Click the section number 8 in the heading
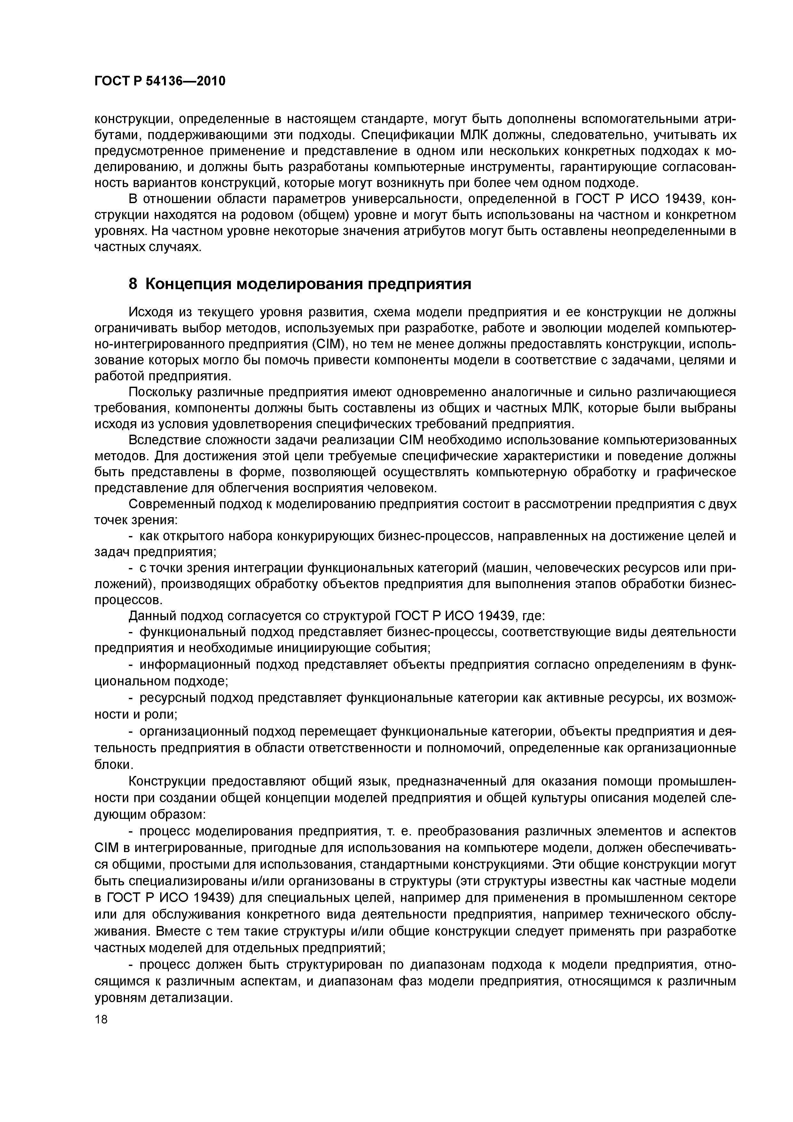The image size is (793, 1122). click(133, 284)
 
